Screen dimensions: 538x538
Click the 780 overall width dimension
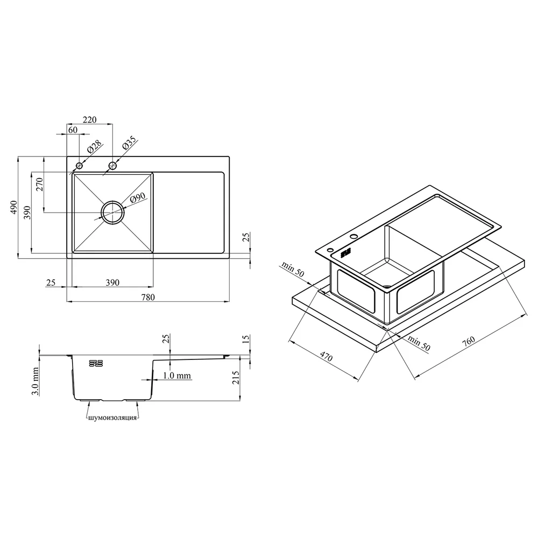click(148, 297)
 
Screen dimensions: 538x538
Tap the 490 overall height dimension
click(14, 207)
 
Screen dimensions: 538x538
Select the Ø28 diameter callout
click(95, 146)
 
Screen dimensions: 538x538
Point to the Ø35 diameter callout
click(129, 144)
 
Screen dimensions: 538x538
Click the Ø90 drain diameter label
click(138, 198)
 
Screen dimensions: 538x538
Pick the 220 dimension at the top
click(89, 120)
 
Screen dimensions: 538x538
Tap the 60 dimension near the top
click(73, 130)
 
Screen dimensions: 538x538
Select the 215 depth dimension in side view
click(236, 378)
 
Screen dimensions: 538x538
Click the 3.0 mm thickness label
click(35, 381)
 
